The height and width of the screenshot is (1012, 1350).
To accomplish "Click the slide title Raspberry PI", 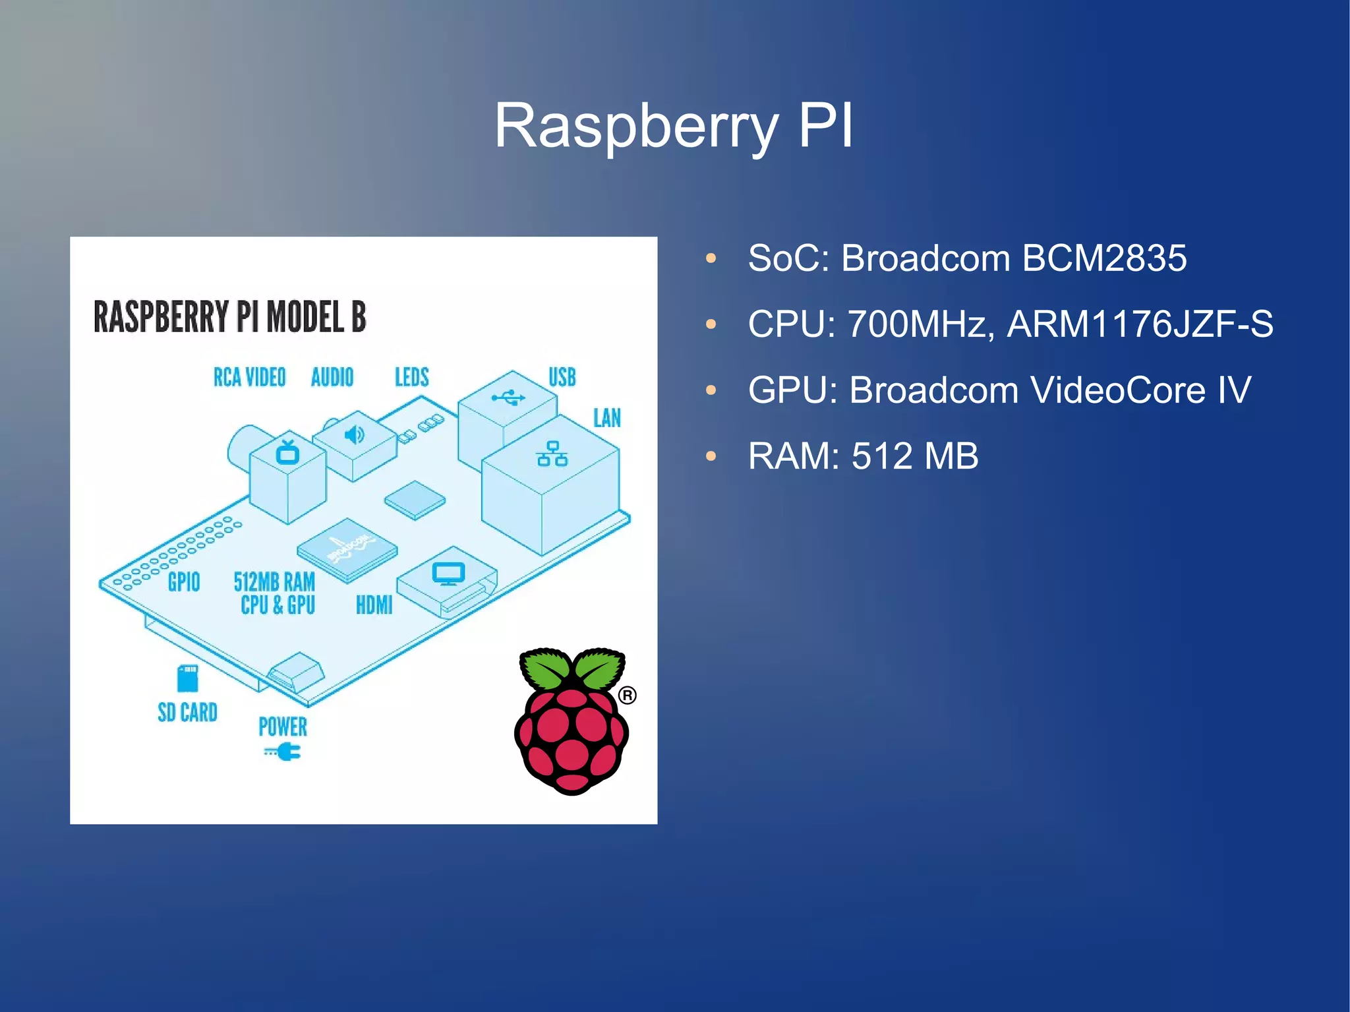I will coord(674,125).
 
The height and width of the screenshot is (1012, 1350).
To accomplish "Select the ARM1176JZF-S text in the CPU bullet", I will coord(1140,324).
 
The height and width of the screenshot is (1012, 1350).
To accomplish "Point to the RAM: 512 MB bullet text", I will coord(863,456).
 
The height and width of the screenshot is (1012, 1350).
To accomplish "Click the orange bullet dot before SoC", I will coord(711,258).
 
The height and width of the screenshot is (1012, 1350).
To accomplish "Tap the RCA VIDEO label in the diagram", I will coord(249,377).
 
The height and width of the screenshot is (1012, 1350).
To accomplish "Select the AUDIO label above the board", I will coord(332,377).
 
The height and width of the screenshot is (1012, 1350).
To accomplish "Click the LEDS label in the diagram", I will coord(411,377).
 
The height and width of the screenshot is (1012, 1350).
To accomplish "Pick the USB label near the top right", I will coord(562,377).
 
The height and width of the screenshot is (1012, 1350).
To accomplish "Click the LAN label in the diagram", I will coord(606,418).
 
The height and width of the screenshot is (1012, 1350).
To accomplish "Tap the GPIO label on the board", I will coord(184,581).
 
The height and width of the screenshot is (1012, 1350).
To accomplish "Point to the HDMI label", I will coord(374,605).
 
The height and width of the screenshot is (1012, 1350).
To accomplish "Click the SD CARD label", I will coord(187,712).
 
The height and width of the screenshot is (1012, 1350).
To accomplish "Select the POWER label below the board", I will coord(282,727).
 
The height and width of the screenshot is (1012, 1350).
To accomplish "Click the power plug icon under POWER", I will coord(284,752).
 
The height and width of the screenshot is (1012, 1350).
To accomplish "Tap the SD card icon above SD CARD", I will coord(187,677).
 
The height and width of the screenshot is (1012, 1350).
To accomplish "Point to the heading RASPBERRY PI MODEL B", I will coord(229,317).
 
